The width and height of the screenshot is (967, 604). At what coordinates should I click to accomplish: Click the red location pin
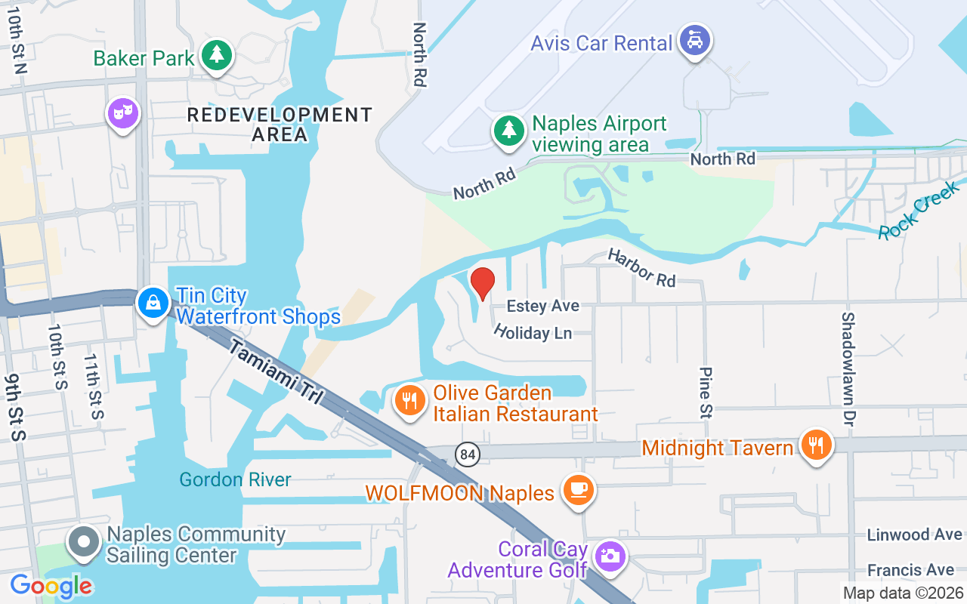pyautogui.click(x=483, y=283)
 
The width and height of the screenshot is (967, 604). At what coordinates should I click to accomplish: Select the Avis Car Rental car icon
pyautogui.click(x=694, y=39)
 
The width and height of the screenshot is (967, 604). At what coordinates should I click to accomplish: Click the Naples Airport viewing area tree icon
pyautogui.click(x=510, y=131)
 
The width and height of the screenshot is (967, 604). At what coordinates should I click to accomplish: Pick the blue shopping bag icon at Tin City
pyautogui.click(x=153, y=304)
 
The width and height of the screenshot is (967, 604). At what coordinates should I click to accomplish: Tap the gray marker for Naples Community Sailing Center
pyautogui.click(x=83, y=543)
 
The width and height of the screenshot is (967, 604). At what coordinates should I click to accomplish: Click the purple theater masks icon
pyautogui.click(x=123, y=114)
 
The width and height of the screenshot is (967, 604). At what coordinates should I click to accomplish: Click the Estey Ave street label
pyautogui.click(x=542, y=306)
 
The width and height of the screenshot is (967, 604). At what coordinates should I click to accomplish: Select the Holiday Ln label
pyautogui.click(x=532, y=332)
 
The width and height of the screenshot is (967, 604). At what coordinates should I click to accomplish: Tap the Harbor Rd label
pyautogui.click(x=641, y=268)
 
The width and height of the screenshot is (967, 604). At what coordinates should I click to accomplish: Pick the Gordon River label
pyautogui.click(x=235, y=479)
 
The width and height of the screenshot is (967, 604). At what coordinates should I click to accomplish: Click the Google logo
pyautogui.click(x=51, y=586)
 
